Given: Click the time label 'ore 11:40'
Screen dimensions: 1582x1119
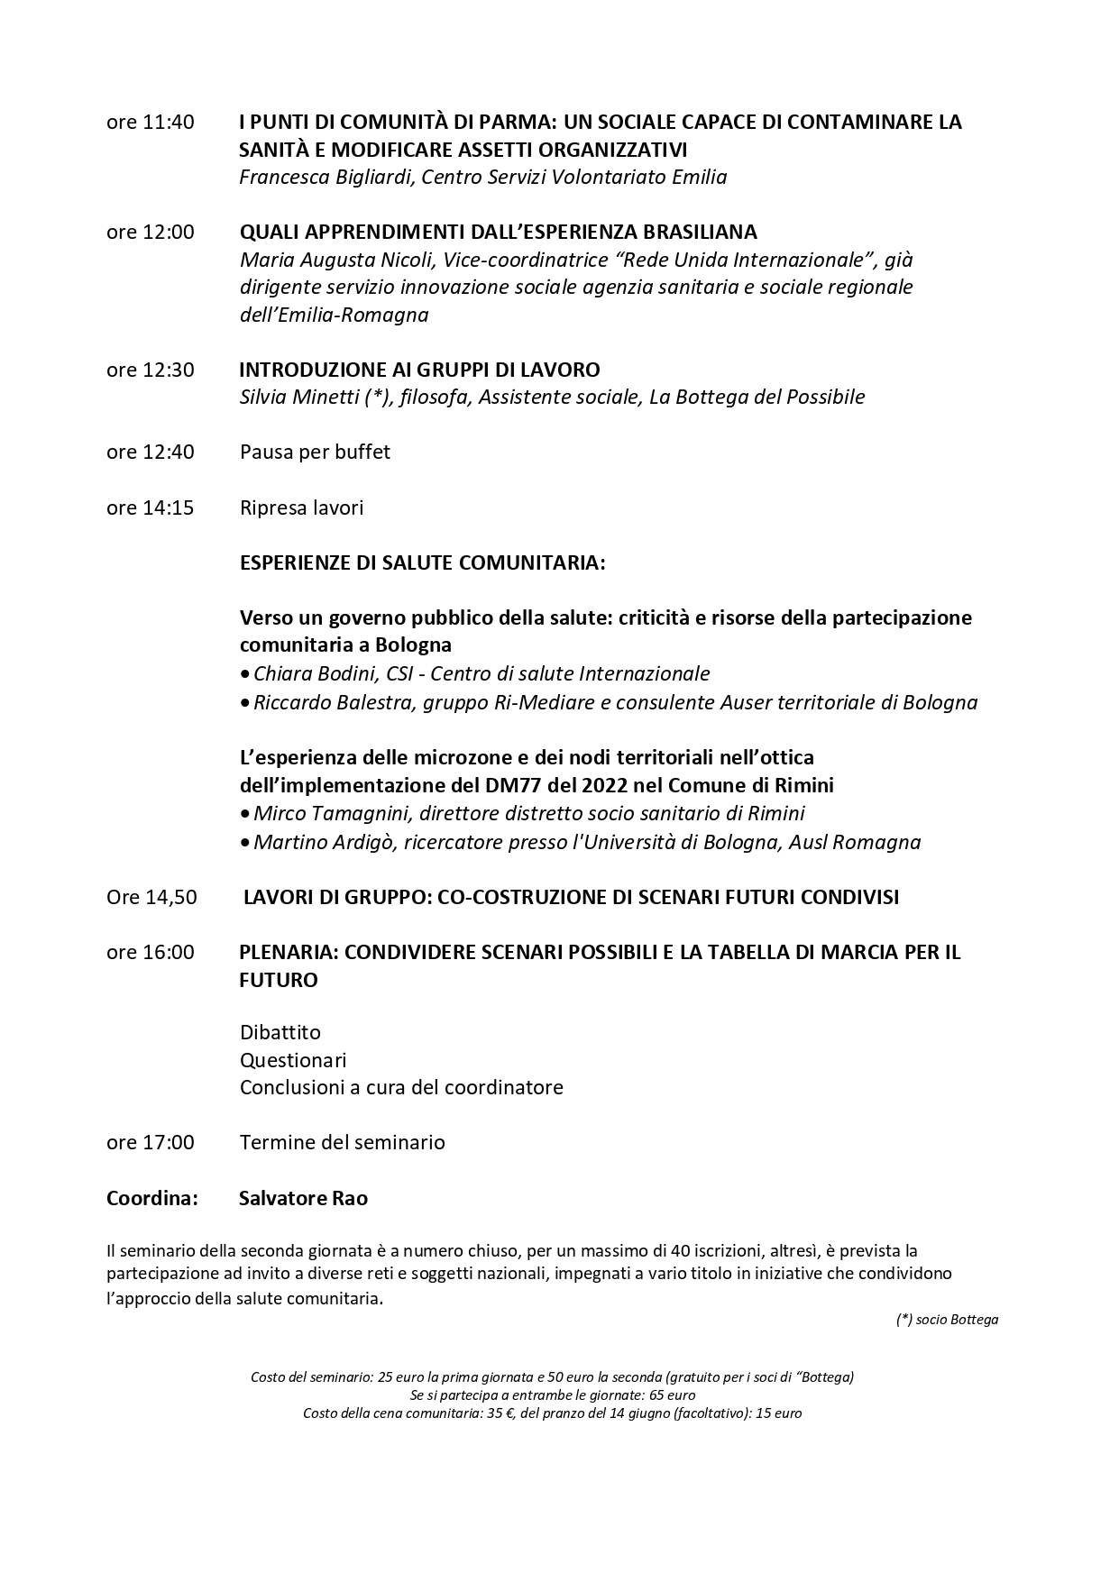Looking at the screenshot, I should (150, 122).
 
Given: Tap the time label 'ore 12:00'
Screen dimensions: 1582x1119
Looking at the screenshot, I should (150, 232).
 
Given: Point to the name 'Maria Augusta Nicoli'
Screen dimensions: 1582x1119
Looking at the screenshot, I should (329, 260).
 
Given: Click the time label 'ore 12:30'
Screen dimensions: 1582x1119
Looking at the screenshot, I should (150, 370).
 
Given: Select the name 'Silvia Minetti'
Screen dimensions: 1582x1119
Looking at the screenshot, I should (300, 397).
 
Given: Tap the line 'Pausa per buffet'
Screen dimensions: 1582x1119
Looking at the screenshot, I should (315, 452).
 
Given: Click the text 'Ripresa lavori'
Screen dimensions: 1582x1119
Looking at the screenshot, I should (301, 508).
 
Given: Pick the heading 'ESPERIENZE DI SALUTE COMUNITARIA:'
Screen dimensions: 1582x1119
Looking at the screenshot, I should (422, 562).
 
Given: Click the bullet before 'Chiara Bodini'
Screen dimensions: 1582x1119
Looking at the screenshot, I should (245, 674).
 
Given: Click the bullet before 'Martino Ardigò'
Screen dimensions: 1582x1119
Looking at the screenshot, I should (245, 843).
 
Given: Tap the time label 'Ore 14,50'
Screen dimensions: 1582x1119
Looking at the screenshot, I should (151, 897).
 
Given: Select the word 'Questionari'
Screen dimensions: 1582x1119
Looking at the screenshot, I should (293, 1060).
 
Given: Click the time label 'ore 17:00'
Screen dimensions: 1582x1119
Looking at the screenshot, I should (150, 1142).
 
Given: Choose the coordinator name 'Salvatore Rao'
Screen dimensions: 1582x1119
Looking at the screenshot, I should (303, 1198).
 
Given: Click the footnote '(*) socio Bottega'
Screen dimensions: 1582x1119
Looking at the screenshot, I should (947, 1320).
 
